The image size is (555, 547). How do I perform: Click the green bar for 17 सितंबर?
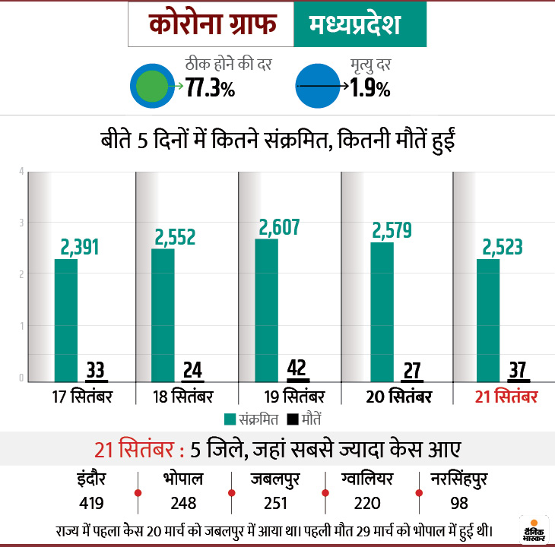point(66,319)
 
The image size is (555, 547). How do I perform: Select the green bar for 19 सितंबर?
point(266,309)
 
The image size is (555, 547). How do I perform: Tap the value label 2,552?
point(175,237)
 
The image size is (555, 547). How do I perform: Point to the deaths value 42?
point(297,368)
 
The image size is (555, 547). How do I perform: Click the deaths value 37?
point(518,370)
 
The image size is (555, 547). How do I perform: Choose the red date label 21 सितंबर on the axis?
point(506,397)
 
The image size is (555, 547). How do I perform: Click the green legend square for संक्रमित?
point(230,419)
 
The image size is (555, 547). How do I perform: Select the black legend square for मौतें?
point(292,419)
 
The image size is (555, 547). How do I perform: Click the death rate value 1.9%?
point(370,88)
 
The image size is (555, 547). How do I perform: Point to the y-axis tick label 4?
point(21,170)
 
